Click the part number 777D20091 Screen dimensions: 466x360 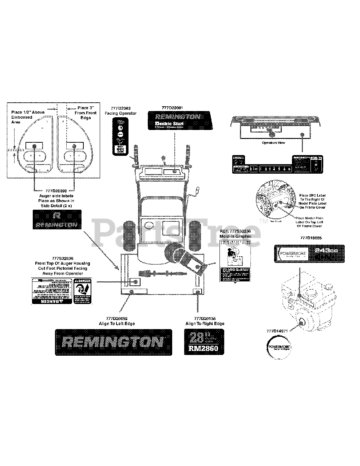click(x=172, y=108)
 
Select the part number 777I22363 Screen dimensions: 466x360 click(x=120, y=108)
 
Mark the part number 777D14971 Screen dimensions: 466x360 click(x=277, y=331)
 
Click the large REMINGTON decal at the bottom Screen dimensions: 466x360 click(x=113, y=342)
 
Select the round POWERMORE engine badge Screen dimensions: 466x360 click(x=280, y=347)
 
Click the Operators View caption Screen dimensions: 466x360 click(x=274, y=143)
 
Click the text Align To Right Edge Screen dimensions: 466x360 click(x=205, y=324)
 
